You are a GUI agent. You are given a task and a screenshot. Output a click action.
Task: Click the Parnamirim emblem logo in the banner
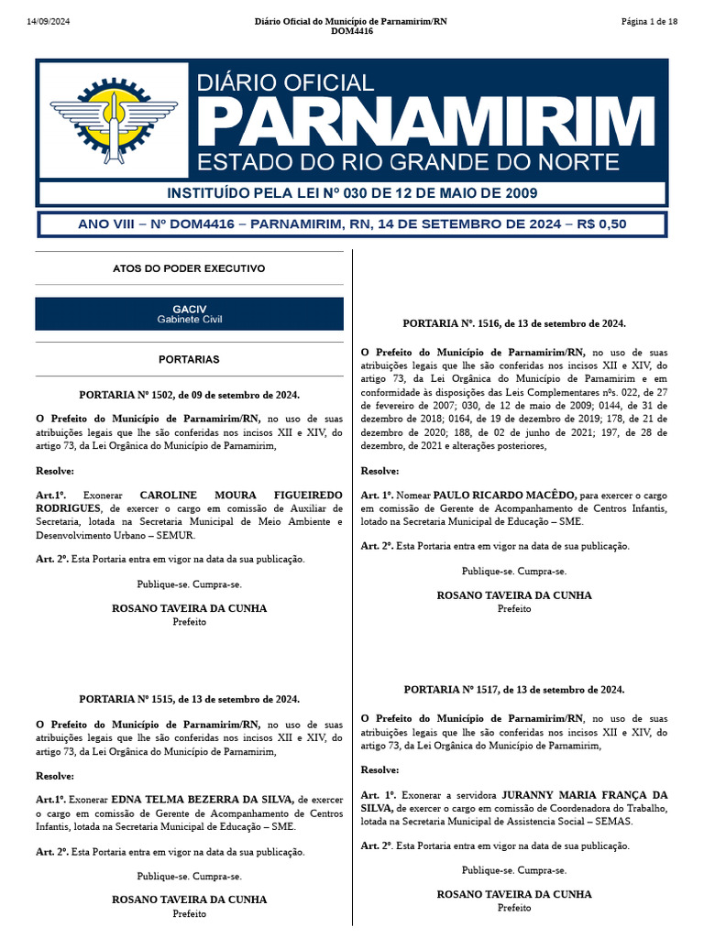tap(113, 119)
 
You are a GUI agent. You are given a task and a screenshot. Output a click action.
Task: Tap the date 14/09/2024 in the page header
tap(47, 21)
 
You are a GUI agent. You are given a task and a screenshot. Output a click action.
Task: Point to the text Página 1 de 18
tap(648, 21)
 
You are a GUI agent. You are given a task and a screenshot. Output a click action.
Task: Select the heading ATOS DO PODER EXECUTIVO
tap(189, 268)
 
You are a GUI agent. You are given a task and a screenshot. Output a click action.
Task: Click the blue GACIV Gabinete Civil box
tap(189, 313)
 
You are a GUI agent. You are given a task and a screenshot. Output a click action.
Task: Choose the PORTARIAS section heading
tap(189, 360)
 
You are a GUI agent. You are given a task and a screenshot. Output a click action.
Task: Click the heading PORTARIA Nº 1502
tap(189, 395)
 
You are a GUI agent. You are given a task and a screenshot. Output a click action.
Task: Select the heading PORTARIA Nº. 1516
tap(514, 323)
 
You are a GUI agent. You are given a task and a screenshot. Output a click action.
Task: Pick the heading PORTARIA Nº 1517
tap(514, 689)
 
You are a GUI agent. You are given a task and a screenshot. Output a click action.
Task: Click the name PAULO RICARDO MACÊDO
tap(504, 495)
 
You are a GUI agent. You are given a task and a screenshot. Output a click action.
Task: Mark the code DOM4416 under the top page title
tap(351, 32)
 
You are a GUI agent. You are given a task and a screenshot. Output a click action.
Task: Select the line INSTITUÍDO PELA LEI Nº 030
tap(351, 193)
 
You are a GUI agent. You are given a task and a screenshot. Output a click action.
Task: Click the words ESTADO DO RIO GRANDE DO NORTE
tap(408, 163)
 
